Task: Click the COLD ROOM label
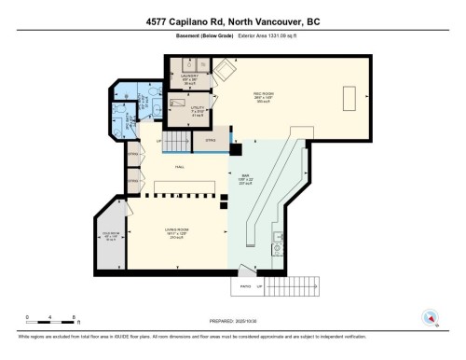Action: click(x=110, y=235)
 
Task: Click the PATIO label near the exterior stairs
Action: click(x=245, y=287)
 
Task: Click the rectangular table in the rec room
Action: click(x=351, y=97)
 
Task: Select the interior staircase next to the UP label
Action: click(x=179, y=142)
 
